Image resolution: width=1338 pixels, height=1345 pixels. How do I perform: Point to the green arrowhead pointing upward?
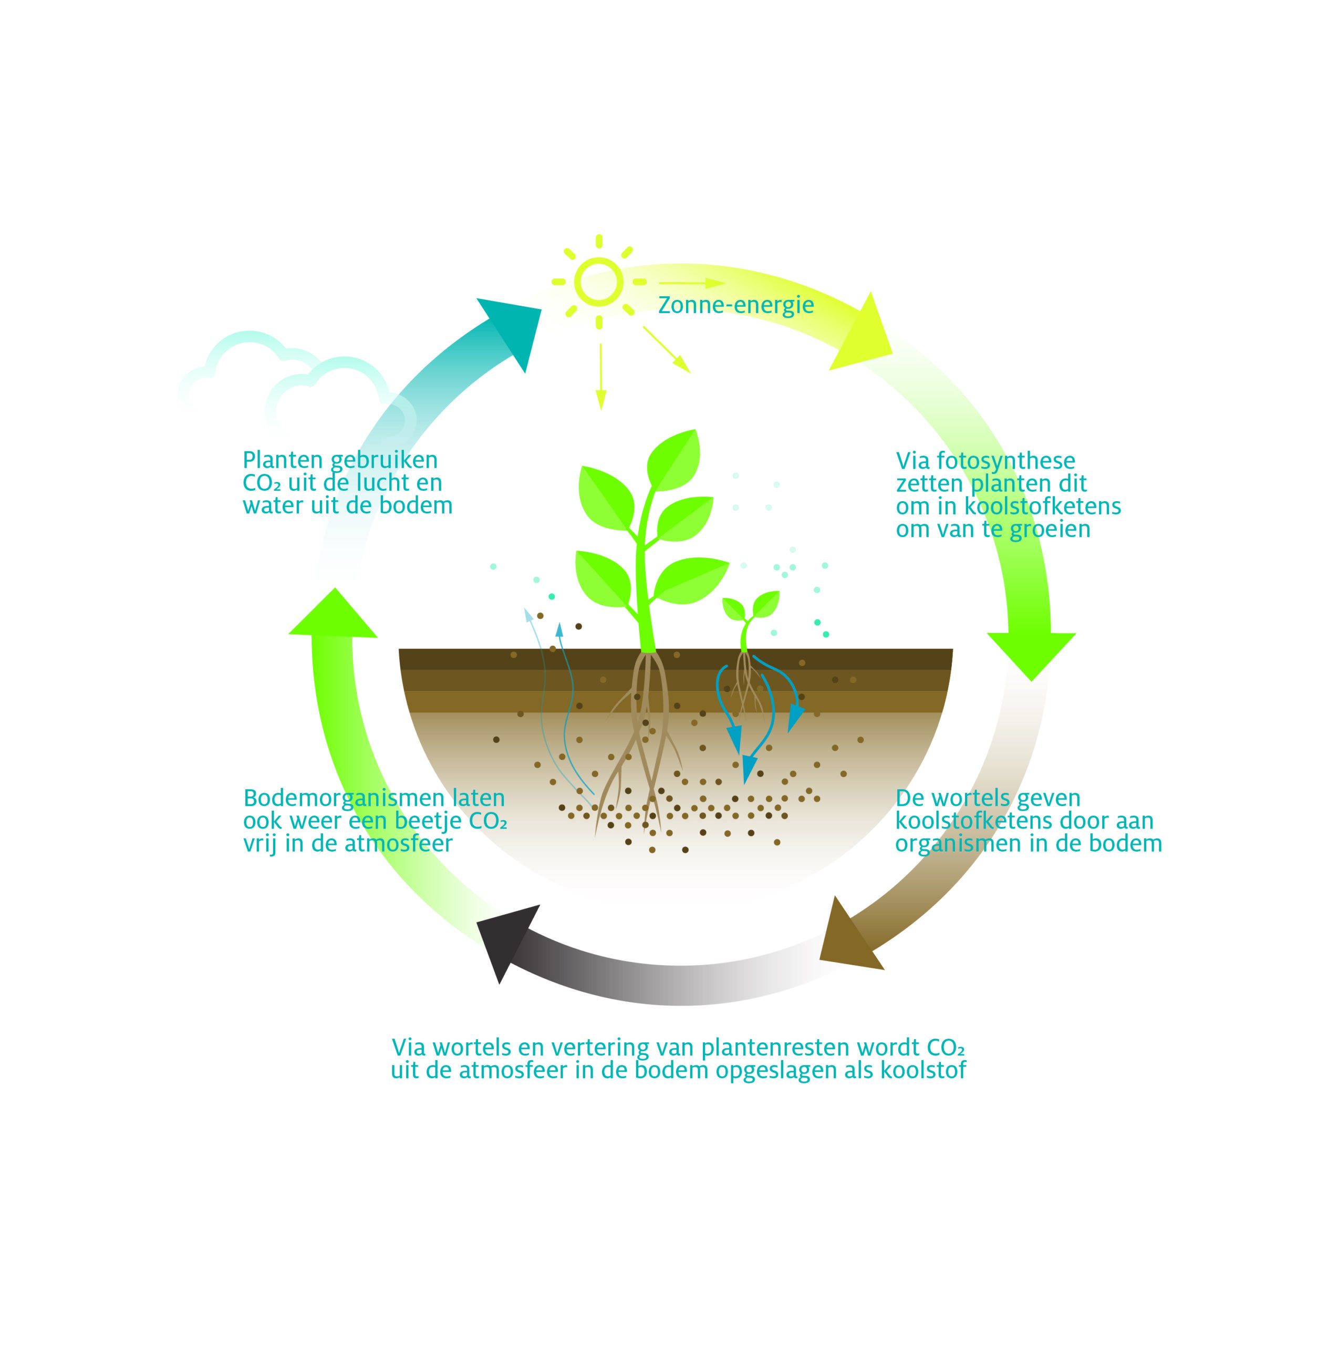(x=334, y=617)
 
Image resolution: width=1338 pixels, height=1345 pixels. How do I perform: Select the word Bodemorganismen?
(x=344, y=798)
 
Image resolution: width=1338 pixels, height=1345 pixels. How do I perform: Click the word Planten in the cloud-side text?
(x=282, y=460)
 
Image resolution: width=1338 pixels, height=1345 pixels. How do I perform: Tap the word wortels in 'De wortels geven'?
(x=972, y=798)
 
